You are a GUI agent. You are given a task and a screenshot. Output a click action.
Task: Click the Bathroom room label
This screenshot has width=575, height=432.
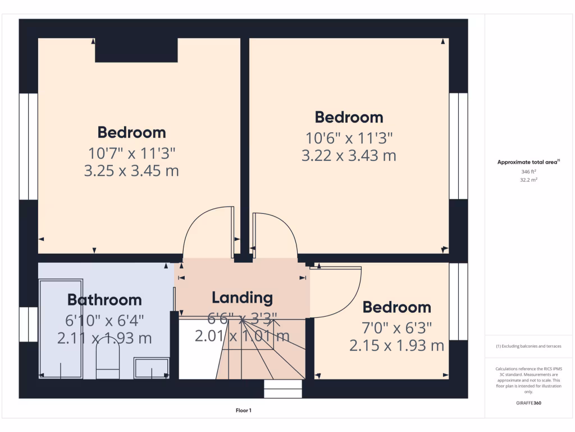point(104,299)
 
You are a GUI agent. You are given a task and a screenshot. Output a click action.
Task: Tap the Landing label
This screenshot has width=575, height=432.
point(242,298)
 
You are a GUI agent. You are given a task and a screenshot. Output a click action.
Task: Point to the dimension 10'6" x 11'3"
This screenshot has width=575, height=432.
point(349,137)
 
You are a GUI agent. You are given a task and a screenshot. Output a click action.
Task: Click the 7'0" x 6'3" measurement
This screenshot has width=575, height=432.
point(396,327)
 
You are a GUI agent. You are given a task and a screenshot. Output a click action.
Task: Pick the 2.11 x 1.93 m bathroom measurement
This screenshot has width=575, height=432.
point(104,338)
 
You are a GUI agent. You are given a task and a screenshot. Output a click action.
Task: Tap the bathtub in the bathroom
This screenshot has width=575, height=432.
point(61,329)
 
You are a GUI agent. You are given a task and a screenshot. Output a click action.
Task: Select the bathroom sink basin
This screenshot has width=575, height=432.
point(151,368)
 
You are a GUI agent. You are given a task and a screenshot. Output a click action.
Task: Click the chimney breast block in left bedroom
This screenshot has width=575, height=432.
point(136,50)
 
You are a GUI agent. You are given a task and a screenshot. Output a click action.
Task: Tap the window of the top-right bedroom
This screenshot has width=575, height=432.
point(458,146)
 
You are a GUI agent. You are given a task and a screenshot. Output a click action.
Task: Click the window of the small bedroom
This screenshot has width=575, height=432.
point(458,301)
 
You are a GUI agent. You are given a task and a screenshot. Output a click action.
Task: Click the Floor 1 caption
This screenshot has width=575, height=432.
point(243,411)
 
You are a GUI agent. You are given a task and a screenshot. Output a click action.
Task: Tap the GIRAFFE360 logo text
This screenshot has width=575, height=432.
point(528,403)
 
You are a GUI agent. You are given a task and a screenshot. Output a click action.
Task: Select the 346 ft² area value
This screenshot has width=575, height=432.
point(528,172)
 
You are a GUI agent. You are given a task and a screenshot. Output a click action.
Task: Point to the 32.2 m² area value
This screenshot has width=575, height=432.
point(528,181)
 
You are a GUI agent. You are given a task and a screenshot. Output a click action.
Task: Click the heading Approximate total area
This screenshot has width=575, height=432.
point(528,162)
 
